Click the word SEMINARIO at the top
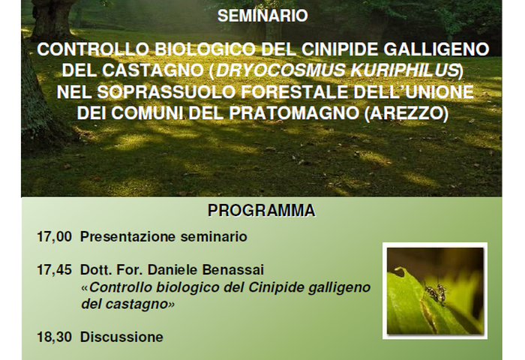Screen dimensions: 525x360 tap(262, 16)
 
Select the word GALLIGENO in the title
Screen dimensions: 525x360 tap(436, 49)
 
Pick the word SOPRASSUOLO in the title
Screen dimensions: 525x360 tap(166, 92)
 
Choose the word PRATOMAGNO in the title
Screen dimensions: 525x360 tap(294, 113)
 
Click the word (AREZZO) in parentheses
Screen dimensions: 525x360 tap(406, 113)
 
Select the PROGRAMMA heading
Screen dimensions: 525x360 tap(262, 211)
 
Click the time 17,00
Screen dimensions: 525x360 tap(54, 237)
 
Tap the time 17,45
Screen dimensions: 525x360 tap(54, 270)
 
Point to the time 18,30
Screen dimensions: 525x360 tap(54, 337)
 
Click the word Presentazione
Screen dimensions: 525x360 tap(128, 237)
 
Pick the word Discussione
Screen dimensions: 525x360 tap(121, 337)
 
